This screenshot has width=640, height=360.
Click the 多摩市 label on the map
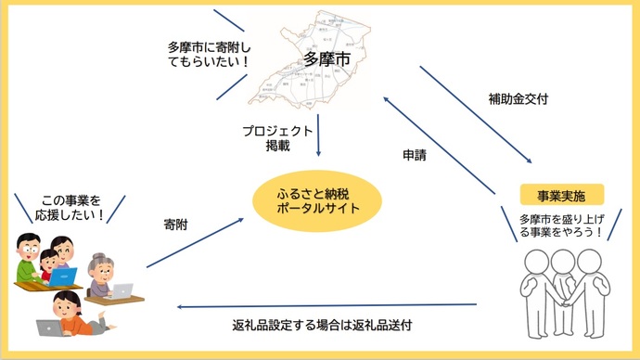pyautogui.click(x=326, y=59)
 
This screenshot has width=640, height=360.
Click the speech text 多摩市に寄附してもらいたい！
pyautogui.click(x=209, y=54)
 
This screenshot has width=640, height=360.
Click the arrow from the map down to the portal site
pyautogui.click(x=319, y=135)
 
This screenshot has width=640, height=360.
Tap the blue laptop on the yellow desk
pyautogui.click(x=62, y=276)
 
